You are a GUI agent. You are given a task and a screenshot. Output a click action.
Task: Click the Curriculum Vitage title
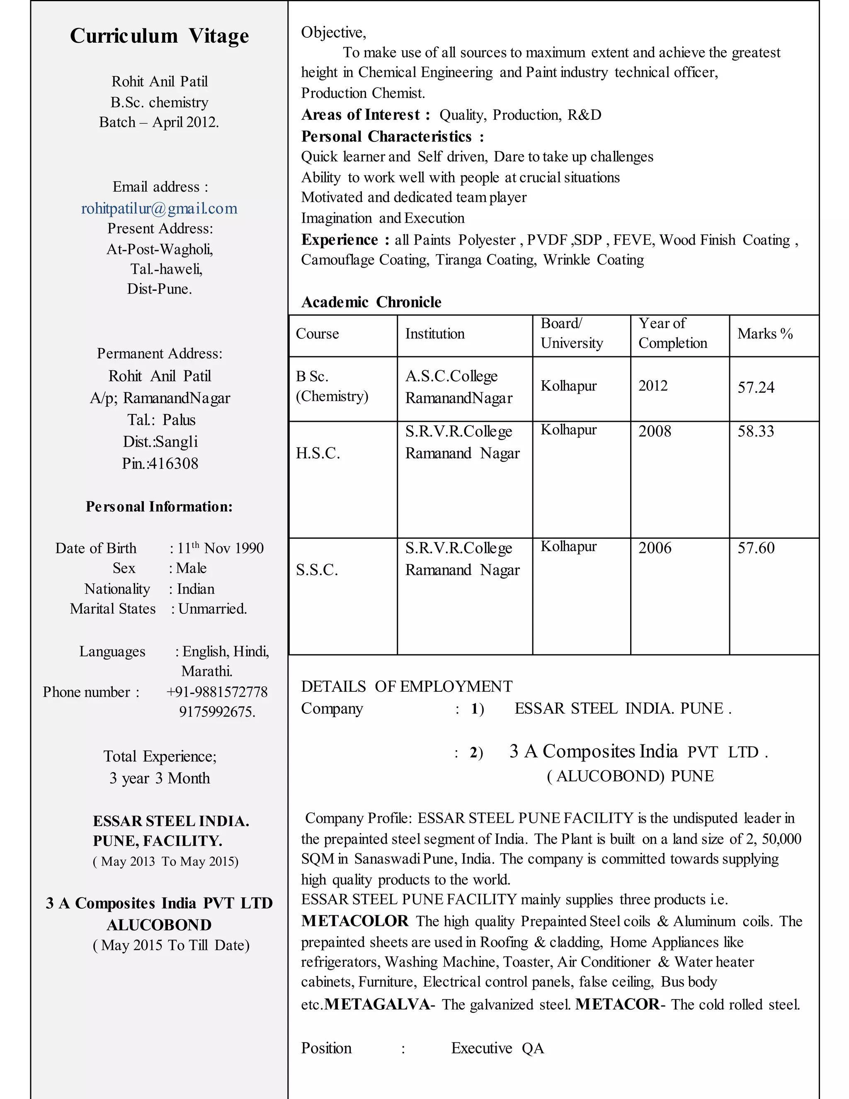pos(160,36)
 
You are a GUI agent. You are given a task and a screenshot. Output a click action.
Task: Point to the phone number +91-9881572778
pos(217,692)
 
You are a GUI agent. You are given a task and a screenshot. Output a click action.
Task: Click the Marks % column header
pos(764,333)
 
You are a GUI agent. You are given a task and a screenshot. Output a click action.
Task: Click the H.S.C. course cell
pos(318,453)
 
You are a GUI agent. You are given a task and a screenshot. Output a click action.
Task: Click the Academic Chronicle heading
pos(371,302)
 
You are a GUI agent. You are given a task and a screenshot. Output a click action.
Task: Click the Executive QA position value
pos(497,1048)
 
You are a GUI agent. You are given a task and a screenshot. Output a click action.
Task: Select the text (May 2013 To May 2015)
pos(165,861)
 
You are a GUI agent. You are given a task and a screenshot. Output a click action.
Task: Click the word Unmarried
pos(212,609)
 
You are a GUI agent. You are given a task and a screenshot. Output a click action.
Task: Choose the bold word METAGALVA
pos(377,1004)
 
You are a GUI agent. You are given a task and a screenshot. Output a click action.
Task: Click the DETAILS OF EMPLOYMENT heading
pos(406,686)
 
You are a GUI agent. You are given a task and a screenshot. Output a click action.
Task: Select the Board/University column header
pos(571,333)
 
